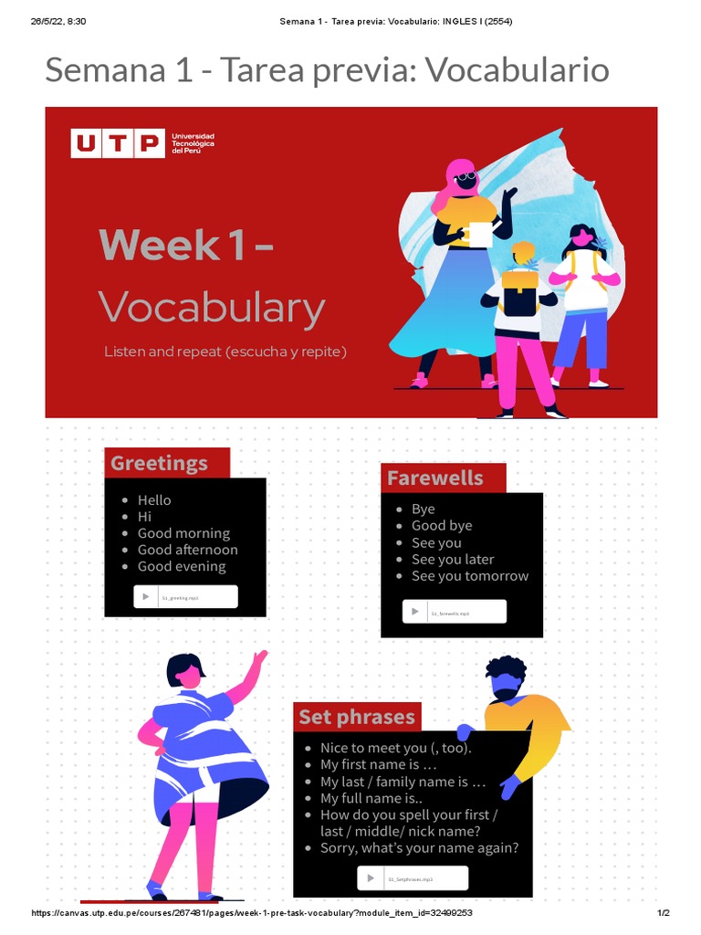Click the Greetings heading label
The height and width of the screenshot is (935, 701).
160,463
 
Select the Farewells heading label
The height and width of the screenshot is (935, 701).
435,478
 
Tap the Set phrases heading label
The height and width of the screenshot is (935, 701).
357,717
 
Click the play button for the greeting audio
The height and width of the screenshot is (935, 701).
146,596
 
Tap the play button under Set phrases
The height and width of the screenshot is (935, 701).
371,877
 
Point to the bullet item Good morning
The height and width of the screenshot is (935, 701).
183,533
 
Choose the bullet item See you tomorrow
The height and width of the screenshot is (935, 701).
469,576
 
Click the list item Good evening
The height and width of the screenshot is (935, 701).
182,566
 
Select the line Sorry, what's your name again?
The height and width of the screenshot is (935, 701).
419,847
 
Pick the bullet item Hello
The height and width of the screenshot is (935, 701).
154,500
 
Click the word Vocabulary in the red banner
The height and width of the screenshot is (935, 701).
211,308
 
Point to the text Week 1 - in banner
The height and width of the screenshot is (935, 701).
185,245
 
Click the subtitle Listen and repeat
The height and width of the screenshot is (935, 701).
225,351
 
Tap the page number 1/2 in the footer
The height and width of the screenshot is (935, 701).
664,913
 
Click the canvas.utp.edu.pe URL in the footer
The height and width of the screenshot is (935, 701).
251,913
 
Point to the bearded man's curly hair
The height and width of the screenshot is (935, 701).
505,667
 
